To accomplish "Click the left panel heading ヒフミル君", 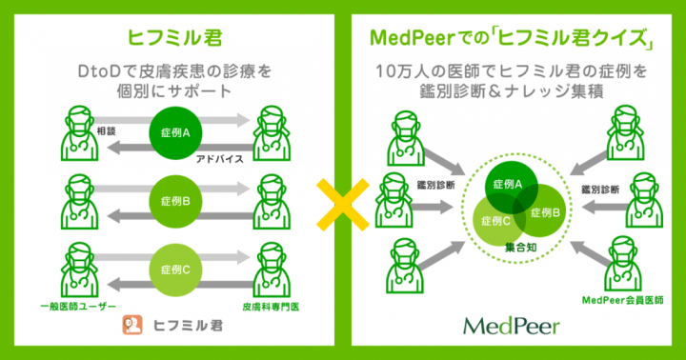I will click(x=171, y=38).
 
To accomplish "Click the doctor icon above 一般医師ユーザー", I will click(x=79, y=268).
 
